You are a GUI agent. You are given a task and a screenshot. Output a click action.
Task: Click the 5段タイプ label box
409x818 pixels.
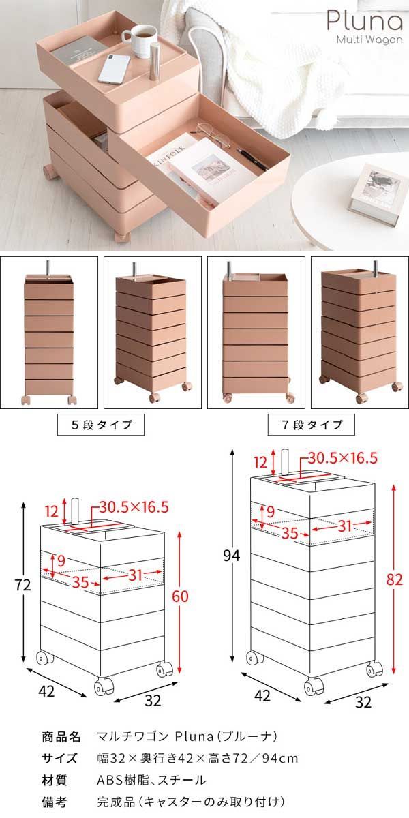102,425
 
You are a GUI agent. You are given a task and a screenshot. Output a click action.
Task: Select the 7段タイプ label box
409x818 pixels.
313,425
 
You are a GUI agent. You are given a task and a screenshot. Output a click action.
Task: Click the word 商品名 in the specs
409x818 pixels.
62,737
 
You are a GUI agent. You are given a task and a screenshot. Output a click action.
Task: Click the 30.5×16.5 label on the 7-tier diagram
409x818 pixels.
343,458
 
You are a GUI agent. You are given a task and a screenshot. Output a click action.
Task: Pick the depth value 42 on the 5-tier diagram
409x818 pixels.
46,691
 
